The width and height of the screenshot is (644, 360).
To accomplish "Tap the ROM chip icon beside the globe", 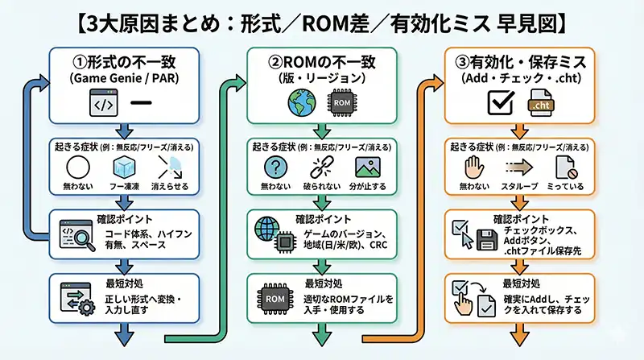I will pos(342,103).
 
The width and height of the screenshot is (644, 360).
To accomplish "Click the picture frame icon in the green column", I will pos(366,168).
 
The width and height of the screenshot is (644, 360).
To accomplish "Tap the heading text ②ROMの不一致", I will pos(322,61).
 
